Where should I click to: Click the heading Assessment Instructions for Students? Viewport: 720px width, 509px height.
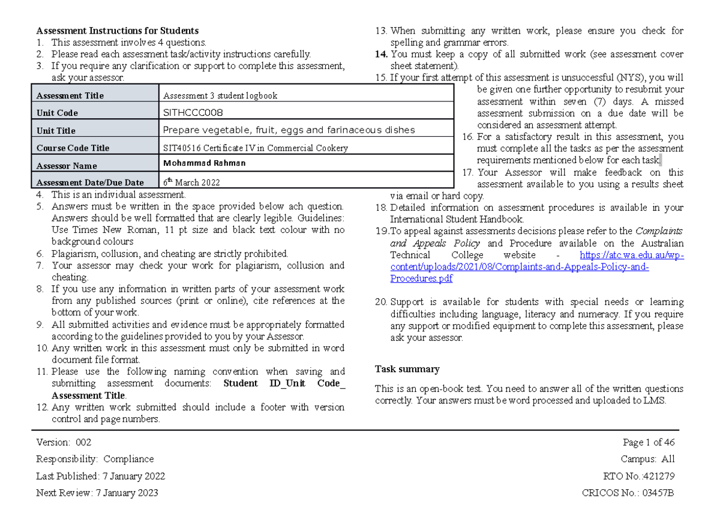117,31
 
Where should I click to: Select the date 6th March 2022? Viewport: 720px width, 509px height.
191,182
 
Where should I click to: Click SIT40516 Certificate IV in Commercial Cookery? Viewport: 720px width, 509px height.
255,148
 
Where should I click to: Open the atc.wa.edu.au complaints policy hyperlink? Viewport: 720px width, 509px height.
519,267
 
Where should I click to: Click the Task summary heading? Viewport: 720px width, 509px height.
407,369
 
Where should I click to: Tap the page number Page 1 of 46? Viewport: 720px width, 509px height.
649,442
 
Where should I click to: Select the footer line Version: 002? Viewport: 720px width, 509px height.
64,442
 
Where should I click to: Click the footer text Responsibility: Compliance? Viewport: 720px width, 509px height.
95,459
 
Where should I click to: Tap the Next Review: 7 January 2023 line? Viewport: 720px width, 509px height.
97,493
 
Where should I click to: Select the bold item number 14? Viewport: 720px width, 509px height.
381,54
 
